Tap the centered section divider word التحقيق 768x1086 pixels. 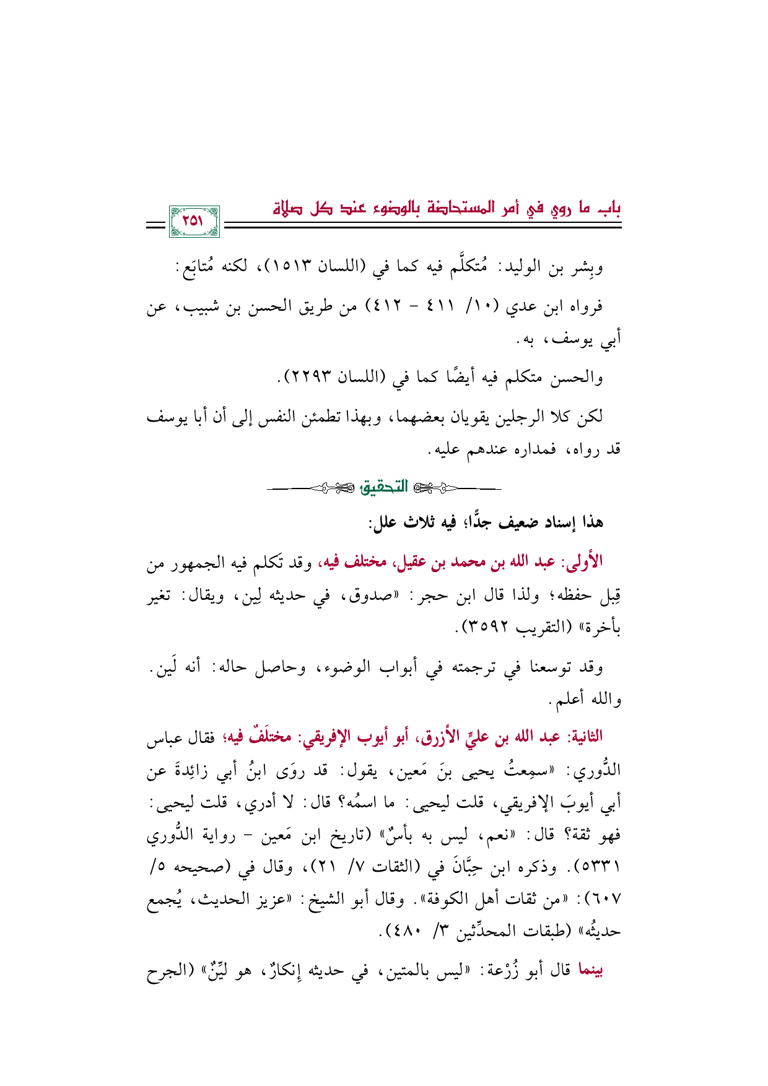point(384,488)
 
